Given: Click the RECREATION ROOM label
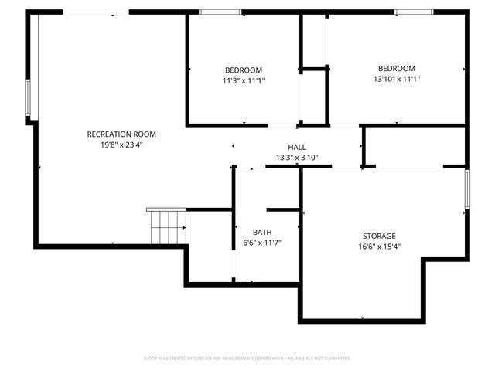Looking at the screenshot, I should pyautogui.click(x=121, y=134).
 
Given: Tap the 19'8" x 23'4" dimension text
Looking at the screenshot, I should pyautogui.click(x=121, y=145).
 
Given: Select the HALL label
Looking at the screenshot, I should pyautogui.click(x=297, y=147).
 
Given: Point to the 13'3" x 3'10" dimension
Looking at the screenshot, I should pyautogui.click(x=297, y=158).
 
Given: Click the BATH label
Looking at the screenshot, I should pyautogui.click(x=262, y=232).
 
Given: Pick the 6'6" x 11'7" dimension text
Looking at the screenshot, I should pyautogui.click(x=262, y=243).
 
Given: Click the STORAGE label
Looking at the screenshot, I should pyautogui.click(x=379, y=236).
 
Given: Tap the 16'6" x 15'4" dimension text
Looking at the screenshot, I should pyautogui.click(x=379, y=247).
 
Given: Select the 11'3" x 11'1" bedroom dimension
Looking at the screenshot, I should pyautogui.click(x=244, y=79).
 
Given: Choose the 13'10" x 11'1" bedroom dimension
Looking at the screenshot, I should pyautogui.click(x=396, y=79).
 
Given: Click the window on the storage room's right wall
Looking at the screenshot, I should pyautogui.click(x=467, y=189).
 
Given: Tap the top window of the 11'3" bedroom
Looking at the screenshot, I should pyautogui.click(x=220, y=12).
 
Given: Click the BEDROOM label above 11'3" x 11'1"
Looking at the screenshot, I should pyautogui.click(x=244, y=69).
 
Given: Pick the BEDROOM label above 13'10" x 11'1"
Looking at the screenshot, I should pyautogui.click(x=396, y=68).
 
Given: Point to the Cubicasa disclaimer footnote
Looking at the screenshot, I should pyautogui.click(x=247, y=359).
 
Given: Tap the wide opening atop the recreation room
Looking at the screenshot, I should pyautogui.click(x=96, y=12).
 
